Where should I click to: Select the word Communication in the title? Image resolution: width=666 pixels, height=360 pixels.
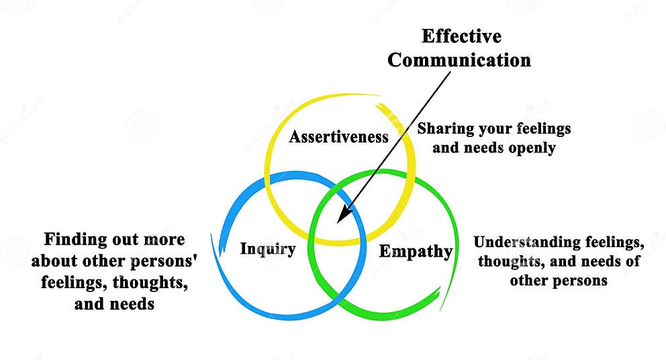[459, 60]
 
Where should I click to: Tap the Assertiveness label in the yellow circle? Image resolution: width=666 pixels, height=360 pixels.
[339, 137]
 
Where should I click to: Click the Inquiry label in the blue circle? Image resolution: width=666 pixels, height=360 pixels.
[268, 249]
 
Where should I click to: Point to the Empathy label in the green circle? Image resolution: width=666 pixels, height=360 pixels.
[416, 252]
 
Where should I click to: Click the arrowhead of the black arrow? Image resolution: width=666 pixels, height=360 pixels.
[341, 217]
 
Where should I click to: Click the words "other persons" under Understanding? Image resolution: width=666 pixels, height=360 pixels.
[559, 280]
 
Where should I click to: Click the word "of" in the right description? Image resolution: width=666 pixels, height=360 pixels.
[632, 261]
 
